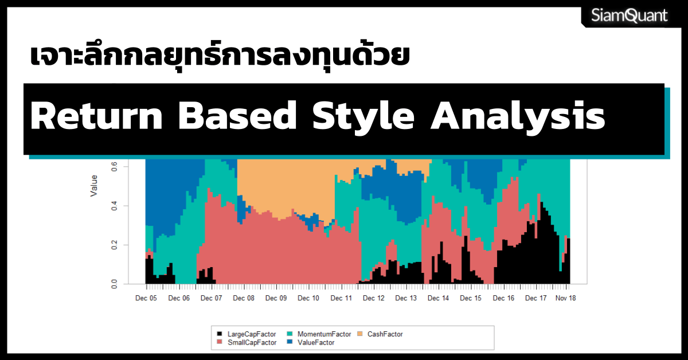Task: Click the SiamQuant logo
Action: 630,15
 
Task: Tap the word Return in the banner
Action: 96,116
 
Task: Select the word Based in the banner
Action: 237,116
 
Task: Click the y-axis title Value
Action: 93,186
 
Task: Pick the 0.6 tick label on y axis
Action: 114,167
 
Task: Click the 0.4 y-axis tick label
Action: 114,206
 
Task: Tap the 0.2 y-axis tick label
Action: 114,245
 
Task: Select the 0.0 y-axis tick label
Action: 114,284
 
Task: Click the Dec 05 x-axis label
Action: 146,298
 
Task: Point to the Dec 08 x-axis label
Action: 244,298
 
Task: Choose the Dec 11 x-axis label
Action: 341,298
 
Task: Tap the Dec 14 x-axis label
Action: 438,298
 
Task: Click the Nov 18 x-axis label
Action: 565,298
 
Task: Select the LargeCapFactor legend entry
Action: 247,334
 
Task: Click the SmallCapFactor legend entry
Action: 247,343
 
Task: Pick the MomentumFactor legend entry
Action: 319,334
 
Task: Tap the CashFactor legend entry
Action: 380,334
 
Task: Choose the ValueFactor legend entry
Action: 311,343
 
